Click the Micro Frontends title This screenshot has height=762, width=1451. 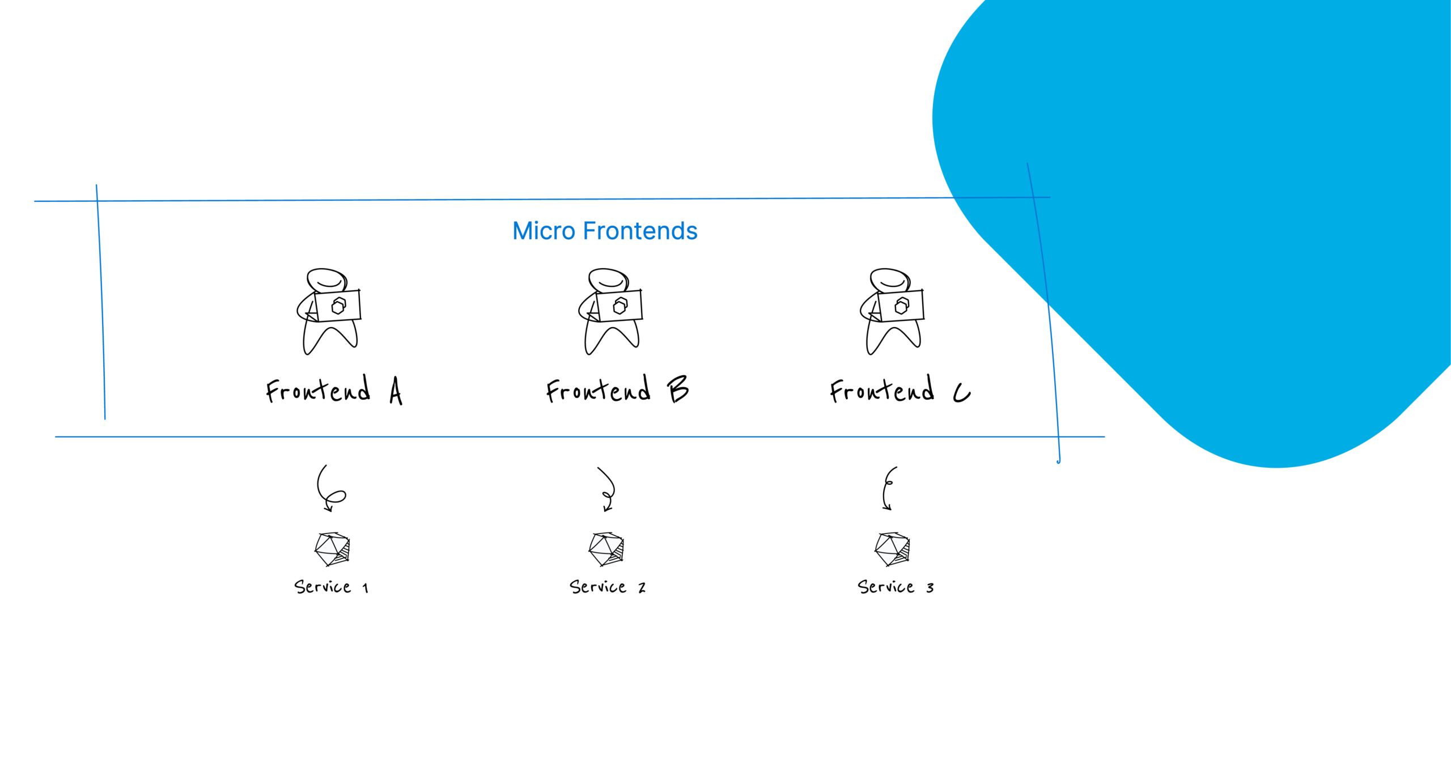605,231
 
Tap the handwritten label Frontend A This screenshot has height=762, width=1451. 334,390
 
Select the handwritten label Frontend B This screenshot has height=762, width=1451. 617,390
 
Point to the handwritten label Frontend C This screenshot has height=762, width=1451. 900,390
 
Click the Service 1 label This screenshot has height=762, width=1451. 331,587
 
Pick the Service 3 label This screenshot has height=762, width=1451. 896,587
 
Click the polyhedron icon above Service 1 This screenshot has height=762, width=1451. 333,549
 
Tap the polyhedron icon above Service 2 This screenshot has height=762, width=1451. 606,549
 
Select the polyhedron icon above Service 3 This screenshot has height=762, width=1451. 893,549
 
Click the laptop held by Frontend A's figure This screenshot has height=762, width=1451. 338,306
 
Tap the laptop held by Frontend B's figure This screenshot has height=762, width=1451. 620,306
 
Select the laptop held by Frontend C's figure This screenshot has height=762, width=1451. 901,306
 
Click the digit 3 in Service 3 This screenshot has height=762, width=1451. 930,588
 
